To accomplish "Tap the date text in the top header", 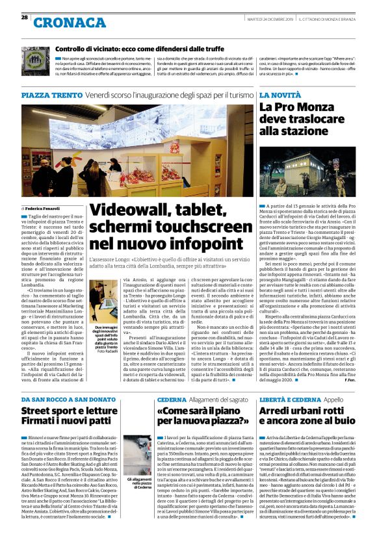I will tap(281, 18).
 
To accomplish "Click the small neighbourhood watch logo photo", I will tap(34, 59).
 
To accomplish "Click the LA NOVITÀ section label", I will tap(280, 95).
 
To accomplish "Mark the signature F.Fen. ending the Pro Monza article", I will tap(364, 381).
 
